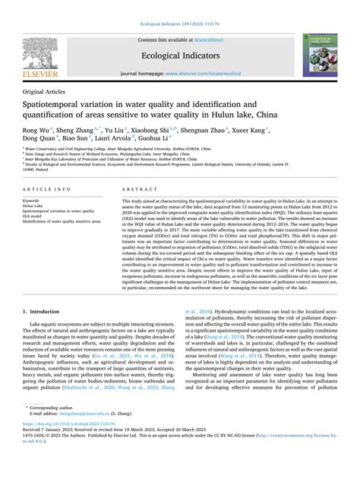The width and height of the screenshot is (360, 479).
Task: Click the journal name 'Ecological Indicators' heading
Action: pos(179,55)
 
